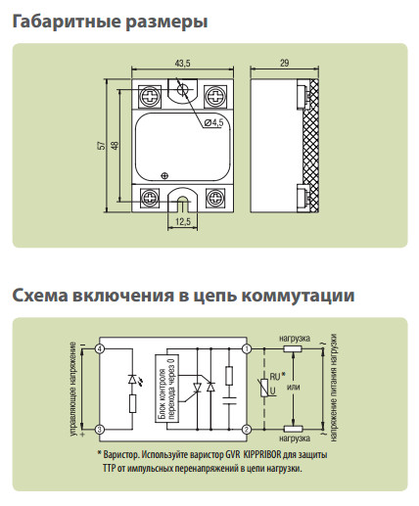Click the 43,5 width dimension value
(182, 64)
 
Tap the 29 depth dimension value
(284, 63)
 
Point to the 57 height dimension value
(103, 145)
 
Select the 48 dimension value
(116, 145)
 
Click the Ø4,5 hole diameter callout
(213, 122)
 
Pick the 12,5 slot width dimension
(183, 222)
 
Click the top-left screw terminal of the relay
(150, 97)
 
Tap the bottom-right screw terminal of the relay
(215, 198)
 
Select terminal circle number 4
(100, 349)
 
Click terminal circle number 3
(100, 430)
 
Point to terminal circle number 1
(247, 349)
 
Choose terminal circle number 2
(247, 430)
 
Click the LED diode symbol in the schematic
(132, 380)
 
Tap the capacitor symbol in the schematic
(229, 401)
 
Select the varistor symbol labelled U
(264, 389)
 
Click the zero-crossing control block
(166, 389)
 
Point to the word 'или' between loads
(294, 388)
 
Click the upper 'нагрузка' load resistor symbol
(293, 349)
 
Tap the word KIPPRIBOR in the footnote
(261, 454)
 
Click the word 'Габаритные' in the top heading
(67, 22)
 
